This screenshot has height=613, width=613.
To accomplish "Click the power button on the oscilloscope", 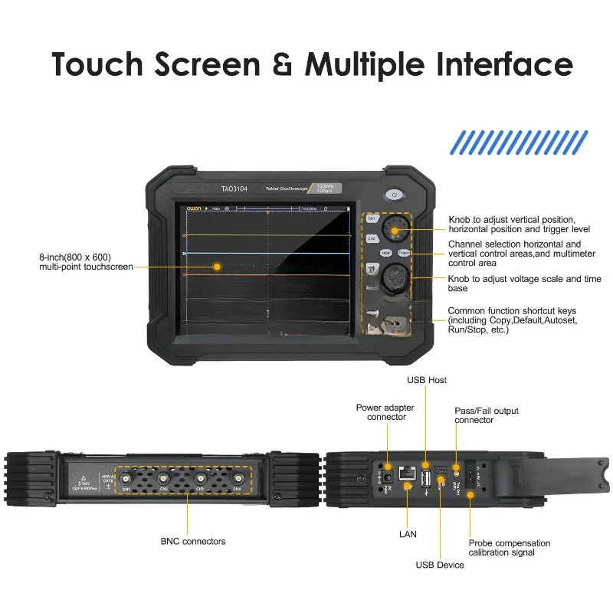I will click(x=395, y=195).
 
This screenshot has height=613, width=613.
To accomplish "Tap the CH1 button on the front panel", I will click(x=372, y=218).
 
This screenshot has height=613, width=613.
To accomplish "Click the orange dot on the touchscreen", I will click(x=217, y=267).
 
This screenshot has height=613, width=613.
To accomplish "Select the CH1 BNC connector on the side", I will click(x=127, y=480).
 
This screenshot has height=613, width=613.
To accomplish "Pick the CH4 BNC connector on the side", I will click(x=237, y=480).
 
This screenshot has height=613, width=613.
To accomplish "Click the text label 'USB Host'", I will click(x=427, y=380).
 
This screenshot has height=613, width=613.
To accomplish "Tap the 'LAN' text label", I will click(x=408, y=533).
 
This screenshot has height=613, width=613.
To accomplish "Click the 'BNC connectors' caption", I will click(x=193, y=541).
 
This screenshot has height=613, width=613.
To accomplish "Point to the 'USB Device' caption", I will click(x=440, y=565).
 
